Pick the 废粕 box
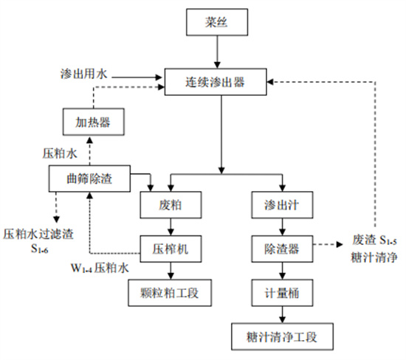[x=171, y=204]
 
